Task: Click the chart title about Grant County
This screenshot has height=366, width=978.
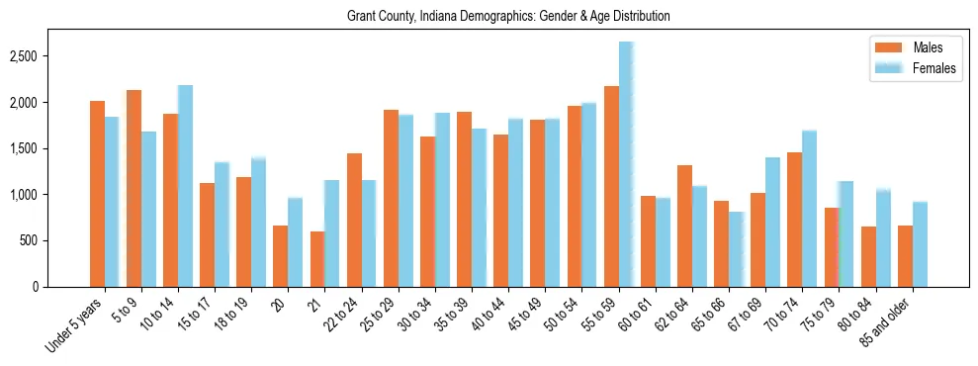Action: [508, 17]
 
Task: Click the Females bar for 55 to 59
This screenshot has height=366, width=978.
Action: [626, 164]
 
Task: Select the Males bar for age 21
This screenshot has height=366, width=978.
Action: [317, 259]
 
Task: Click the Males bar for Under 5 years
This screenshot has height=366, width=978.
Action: [97, 194]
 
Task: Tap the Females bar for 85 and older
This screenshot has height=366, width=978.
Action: [920, 244]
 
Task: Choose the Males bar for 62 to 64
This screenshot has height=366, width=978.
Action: [684, 226]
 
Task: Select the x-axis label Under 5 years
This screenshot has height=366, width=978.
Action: [74, 326]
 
